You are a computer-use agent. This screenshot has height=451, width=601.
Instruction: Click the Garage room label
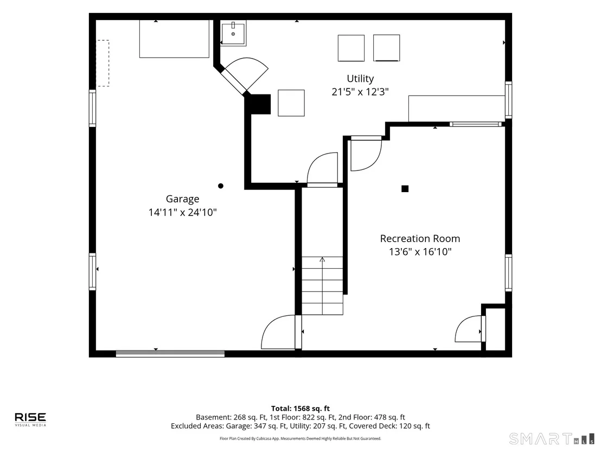[x=182, y=199]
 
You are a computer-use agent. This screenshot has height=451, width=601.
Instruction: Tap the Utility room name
[x=360, y=79]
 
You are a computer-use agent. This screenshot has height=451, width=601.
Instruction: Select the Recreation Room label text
[x=420, y=239]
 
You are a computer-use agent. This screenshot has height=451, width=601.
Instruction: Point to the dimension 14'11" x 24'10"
[x=182, y=212]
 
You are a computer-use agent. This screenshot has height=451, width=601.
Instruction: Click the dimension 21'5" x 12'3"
[x=360, y=92]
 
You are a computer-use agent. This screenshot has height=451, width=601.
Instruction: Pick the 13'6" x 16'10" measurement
[x=420, y=252]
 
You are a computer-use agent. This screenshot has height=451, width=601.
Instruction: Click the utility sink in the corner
[x=233, y=33]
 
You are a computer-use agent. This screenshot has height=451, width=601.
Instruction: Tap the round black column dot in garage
[x=220, y=186]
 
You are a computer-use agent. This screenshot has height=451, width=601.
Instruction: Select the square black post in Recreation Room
[x=405, y=189]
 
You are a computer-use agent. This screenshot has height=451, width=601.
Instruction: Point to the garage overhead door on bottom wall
[x=170, y=354]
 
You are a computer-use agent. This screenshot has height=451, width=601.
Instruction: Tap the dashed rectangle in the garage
[x=103, y=63]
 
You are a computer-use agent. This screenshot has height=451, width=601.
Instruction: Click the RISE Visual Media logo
[x=30, y=419]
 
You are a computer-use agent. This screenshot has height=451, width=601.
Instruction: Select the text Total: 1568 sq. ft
[x=300, y=409]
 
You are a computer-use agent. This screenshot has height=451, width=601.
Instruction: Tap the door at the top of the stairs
[x=322, y=169]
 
